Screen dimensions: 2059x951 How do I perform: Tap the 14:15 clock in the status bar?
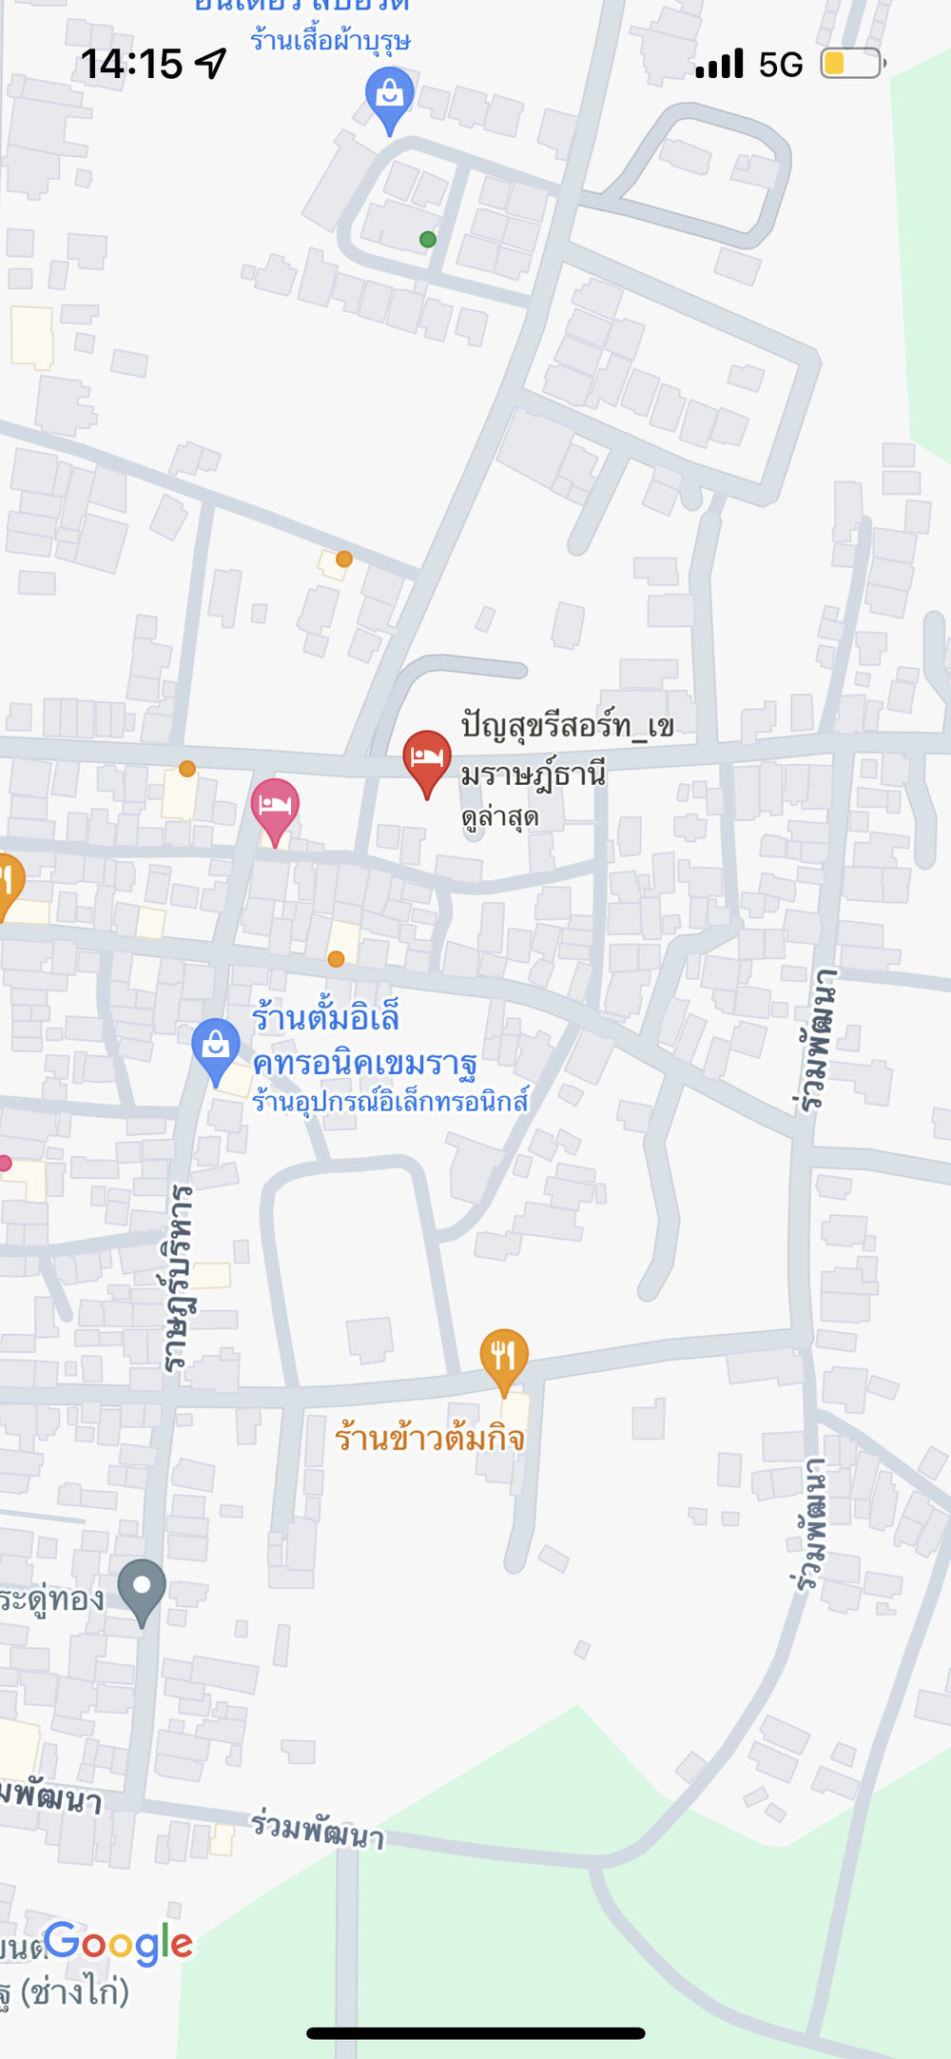tap(131, 64)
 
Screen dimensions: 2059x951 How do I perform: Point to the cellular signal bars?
tap(719, 64)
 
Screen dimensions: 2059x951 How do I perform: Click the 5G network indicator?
tap(781, 65)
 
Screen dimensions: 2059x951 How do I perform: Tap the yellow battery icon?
tap(852, 64)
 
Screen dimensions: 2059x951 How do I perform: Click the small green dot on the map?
tap(428, 240)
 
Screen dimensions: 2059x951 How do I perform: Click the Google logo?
tap(118, 1942)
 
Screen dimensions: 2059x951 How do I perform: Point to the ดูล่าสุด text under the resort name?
tap(500, 817)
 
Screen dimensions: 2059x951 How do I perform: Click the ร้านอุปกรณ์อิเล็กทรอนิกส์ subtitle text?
tap(390, 1102)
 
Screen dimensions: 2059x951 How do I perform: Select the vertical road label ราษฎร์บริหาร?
tap(178, 1277)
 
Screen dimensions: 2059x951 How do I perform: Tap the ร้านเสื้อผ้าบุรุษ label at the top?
tap(330, 41)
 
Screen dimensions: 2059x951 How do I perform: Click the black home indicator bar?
tap(475, 2033)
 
